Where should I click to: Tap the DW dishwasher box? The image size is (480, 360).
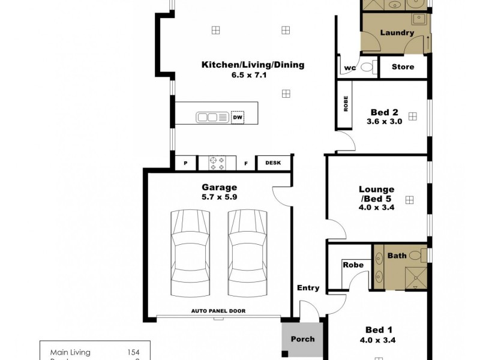238,117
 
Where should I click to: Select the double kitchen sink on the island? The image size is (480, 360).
211,117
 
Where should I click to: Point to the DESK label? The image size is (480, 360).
272,163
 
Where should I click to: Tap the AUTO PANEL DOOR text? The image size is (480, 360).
219,311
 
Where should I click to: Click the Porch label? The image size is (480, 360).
302,339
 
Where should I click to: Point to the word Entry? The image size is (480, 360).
308,288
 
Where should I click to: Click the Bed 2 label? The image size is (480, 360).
385,112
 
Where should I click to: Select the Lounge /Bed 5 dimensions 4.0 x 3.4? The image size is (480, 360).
377,208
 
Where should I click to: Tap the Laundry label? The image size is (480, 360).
397,32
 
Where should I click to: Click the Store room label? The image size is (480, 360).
403,67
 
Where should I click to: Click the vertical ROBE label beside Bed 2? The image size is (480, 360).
346,106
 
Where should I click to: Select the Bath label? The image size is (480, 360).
397,256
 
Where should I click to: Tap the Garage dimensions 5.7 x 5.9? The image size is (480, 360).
220,196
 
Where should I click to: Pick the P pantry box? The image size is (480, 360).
185,163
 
